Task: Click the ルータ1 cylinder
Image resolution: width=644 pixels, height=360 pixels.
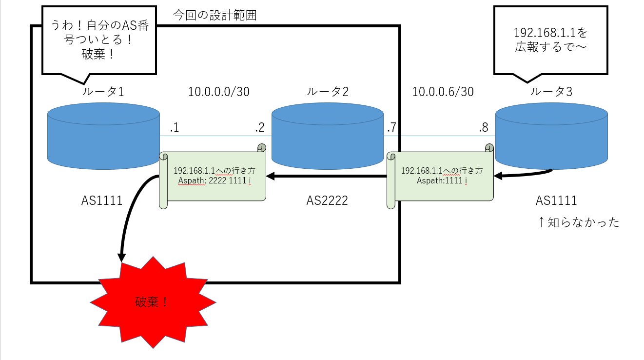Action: (103, 139)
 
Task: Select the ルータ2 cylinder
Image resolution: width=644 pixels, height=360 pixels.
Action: (327, 139)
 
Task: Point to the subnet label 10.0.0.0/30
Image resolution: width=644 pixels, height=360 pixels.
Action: (219, 92)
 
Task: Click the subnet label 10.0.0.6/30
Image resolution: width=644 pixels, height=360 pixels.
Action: (443, 92)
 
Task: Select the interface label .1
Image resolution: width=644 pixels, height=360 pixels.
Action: (174, 128)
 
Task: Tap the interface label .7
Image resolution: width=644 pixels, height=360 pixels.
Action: (391, 128)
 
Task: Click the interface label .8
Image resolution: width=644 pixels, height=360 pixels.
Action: (483, 128)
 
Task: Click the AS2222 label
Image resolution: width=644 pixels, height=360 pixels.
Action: (327, 200)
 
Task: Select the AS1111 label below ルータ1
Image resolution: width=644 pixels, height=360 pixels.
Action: (102, 200)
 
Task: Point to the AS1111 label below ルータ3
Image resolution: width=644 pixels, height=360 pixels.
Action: (556, 200)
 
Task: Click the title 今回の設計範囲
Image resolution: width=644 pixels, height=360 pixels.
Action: (215, 15)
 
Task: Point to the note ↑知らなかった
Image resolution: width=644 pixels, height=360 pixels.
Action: (578, 222)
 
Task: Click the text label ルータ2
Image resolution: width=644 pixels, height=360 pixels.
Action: (327, 92)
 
